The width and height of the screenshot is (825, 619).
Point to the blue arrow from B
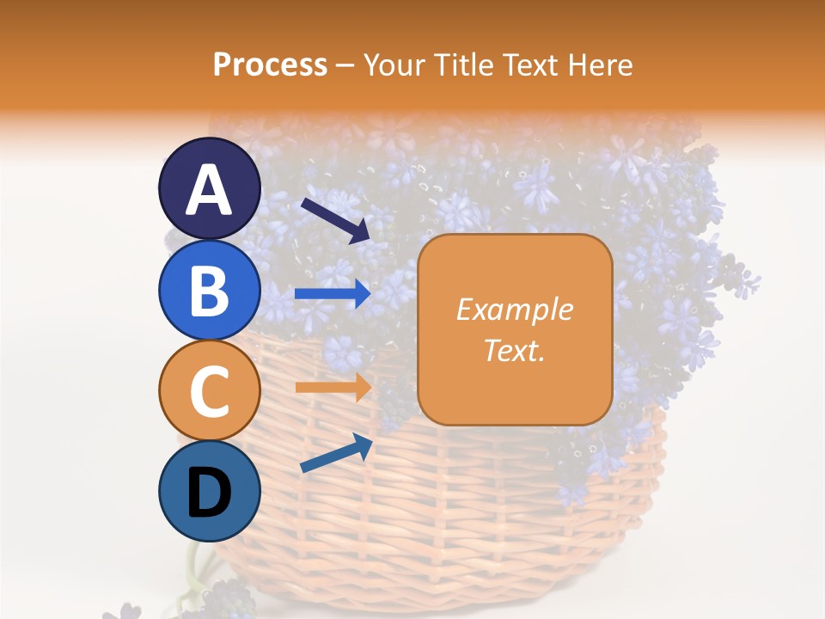(333, 294)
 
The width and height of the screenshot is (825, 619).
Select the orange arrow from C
(333, 387)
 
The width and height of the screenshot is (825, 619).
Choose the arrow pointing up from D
(336, 453)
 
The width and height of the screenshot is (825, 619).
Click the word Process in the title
(270, 64)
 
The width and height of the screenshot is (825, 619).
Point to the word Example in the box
(514, 309)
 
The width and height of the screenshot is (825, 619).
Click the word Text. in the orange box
(514, 351)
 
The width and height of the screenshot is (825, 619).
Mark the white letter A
(209, 189)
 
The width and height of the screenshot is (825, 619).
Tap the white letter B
(209, 291)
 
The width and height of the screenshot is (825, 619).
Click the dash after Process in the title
(345, 65)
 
